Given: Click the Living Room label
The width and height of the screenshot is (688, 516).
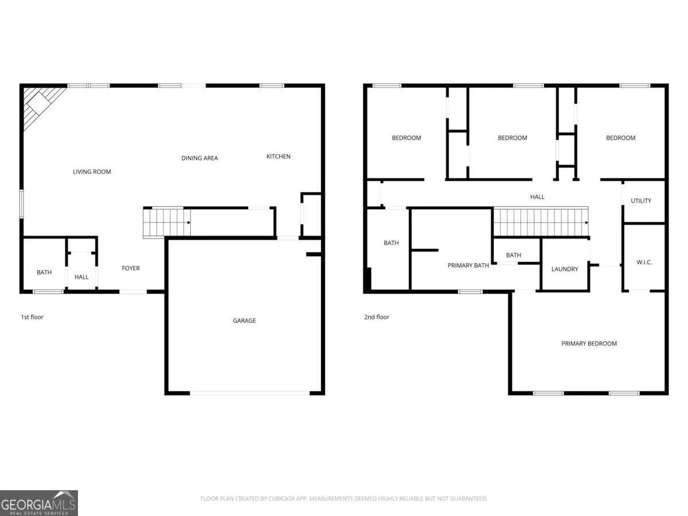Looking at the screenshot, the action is [x=92, y=171].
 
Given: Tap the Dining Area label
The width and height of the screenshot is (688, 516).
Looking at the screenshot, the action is [x=200, y=158].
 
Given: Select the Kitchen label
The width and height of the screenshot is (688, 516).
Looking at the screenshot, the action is [x=278, y=157].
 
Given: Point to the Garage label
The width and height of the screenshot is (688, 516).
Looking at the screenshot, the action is [x=244, y=320].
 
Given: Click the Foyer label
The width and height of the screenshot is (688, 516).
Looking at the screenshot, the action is [x=131, y=268].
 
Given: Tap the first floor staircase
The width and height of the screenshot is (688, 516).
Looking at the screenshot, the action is [x=167, y=223].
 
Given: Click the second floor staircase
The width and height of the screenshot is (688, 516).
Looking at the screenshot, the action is [x=541, y=221].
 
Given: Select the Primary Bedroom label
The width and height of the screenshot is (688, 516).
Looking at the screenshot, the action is [x=589, y=343].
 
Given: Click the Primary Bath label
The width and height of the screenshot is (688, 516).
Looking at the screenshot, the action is [x=468, y=265].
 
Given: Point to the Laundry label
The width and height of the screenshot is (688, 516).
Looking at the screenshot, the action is [x=565, y=269].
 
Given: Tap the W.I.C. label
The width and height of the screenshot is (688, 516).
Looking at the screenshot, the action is [x=644, y=262].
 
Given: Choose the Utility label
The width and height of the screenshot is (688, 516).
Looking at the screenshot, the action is [x=640, y=201].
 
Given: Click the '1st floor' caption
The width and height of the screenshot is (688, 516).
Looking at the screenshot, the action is [x=32, y=316].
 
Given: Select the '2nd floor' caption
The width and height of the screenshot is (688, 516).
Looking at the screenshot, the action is [x=377, y=316].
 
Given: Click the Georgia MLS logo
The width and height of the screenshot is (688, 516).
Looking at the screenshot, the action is [x=39, y=503].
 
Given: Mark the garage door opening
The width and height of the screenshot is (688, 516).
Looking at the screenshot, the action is [x=249, y=393].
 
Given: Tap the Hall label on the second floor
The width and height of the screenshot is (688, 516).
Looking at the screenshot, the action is [x=537, y=197].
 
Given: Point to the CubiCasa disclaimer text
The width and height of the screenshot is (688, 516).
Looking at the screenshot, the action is [x=343, y=498].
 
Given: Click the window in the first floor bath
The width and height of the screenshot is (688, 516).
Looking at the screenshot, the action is [x=48, y=292].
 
